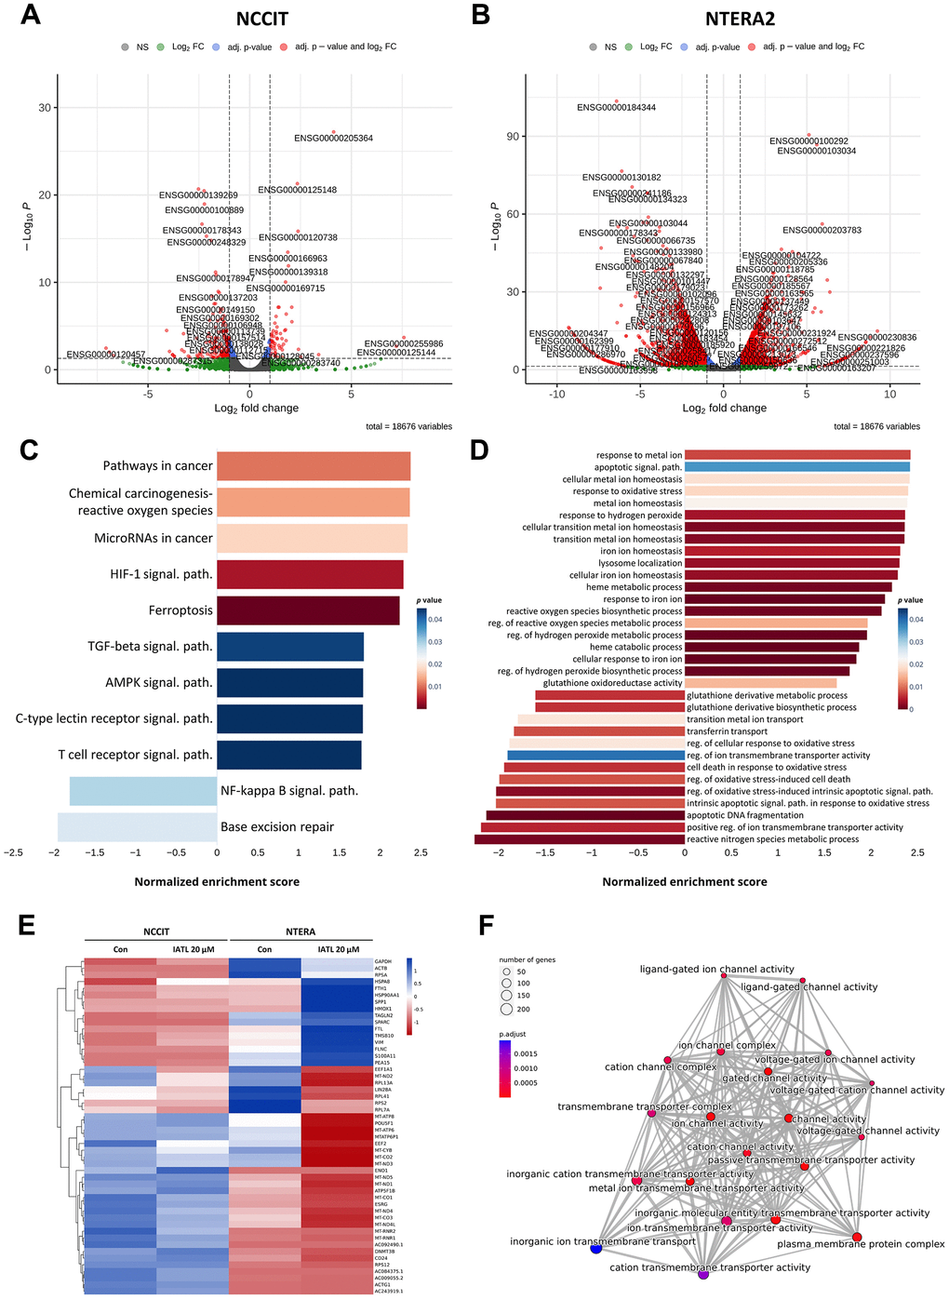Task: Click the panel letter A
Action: pos(31,15)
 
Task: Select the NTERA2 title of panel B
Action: pos(740,19)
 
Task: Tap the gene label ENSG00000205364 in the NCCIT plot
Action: pos(333,139)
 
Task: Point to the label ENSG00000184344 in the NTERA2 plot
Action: pos(616,108)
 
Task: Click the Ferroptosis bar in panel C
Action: pos(308,610)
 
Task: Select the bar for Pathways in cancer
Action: pos(314,466)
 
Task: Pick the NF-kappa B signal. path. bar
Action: pos(143,791)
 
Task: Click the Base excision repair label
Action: pos(277,827)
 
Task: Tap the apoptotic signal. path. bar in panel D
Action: pos(797,467)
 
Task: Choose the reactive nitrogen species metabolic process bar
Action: pos(580,839)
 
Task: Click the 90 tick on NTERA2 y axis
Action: pos(513,137)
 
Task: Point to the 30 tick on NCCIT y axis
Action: pos(45,108)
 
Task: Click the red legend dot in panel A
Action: pos(284,47)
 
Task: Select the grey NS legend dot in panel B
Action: pos(593,47)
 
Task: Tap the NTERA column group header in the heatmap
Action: pos(301,931)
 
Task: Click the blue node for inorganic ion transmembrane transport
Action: pos(596,1249)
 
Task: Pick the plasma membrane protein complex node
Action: pos(857,1237)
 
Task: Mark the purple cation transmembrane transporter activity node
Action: pos(703,1275)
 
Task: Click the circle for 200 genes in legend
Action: pos(507,1009)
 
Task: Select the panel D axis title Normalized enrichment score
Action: pos(685,882)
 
